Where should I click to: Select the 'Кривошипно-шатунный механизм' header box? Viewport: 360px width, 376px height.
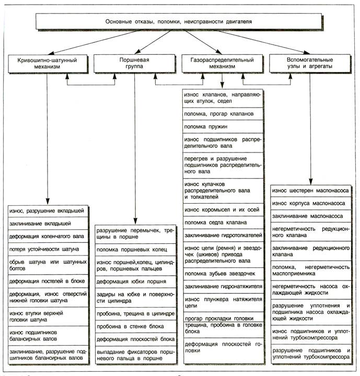[x=47, y=65]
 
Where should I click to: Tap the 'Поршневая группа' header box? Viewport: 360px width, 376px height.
[x=135, y=65]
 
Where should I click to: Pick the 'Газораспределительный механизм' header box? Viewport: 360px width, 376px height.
[x=222, y=65]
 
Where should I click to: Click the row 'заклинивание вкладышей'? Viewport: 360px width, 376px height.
[x=48, y=224]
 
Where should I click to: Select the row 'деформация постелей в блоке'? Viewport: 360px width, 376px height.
[x=48, y=281]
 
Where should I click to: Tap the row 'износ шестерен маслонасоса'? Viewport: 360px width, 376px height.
[x=311, y=191]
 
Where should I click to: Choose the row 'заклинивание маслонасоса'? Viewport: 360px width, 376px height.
[x=311, y=216]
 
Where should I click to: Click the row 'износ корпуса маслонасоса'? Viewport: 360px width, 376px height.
[x=311, y=203]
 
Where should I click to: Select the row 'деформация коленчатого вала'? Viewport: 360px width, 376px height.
[x=48, y=236]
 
